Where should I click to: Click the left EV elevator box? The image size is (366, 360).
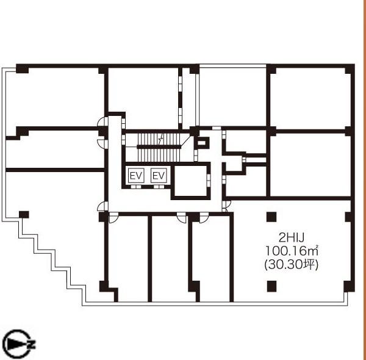click(136, 176)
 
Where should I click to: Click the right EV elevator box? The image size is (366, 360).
click(159, 176)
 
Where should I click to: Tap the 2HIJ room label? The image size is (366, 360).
click(292, 238)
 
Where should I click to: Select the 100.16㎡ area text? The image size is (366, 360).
click(292, 251)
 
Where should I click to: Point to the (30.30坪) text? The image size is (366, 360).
click(292, 265)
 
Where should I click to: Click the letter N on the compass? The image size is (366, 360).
click(32, 345)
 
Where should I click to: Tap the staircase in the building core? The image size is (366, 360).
click(159, 147)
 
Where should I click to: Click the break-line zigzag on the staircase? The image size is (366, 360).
click(160, 140)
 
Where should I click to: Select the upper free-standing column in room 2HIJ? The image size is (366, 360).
click(271, 217)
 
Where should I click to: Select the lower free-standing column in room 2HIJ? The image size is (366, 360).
click(271, 286)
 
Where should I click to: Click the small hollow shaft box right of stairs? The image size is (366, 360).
click(202, 143)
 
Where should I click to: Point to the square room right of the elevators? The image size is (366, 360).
click(191, 181)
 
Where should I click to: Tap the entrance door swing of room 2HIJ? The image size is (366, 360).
click(226, 206)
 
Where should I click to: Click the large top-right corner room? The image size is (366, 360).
click(310, 98)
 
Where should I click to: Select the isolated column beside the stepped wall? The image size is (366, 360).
click(24, 215)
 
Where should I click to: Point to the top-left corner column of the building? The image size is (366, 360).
click(22, 68)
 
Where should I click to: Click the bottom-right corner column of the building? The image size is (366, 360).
click(349, 287)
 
